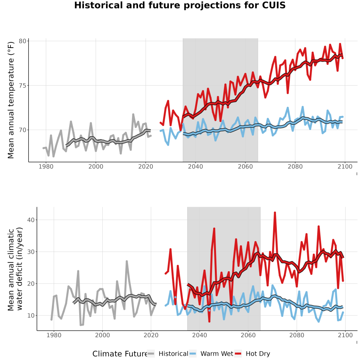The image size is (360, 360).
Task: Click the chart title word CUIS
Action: [x=274, y=5]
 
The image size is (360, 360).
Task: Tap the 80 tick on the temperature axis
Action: [x=22, y=41]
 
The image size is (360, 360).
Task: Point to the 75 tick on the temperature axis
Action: [x=22, y=86]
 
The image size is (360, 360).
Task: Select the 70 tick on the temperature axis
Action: [x=22, y=130]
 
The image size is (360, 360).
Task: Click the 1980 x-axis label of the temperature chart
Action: [x=46, y=166]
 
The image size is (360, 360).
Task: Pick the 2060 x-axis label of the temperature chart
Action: [x=245, y=166]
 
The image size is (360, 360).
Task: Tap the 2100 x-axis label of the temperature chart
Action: [x=345, y=166]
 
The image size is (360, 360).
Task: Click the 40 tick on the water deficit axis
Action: [x=31, y=220]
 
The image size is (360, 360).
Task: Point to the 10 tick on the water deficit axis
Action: [x=31, y=316]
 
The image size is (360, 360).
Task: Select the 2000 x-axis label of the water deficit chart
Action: [x=102, y=335]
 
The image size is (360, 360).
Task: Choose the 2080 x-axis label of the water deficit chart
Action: [x=297, y=335]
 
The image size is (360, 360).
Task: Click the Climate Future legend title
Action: [x=120, y=354]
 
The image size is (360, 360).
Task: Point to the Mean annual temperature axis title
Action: [x=11, y=100]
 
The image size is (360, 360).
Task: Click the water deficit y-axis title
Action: [x=15, y=269]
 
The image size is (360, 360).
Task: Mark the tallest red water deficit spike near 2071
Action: [x=275, y=213]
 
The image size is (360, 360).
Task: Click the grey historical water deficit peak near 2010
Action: [x=126, y=262]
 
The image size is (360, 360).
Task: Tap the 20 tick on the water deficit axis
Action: [x=31, y=284]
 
